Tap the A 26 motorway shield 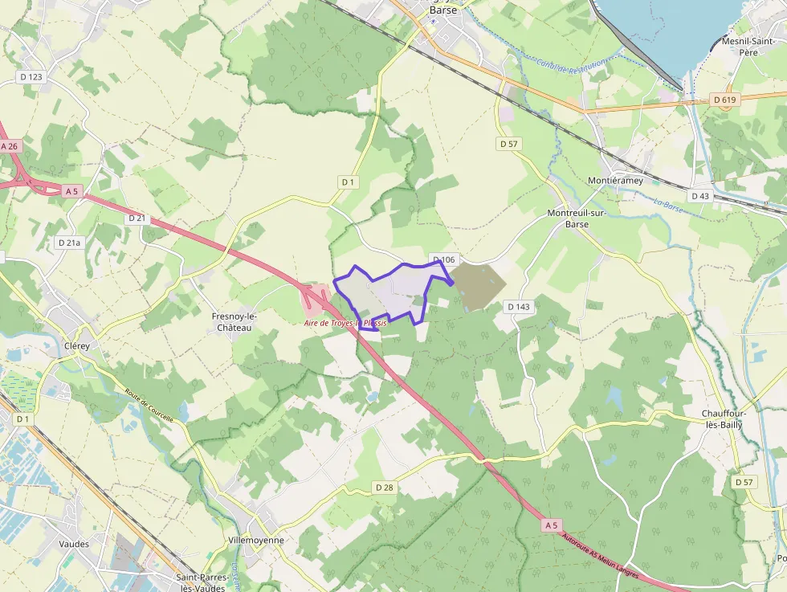[x=9, y=147]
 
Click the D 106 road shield [x=442, y=259]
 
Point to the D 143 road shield [x=520, y=307]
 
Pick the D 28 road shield [x=384, y=488]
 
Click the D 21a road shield [x=69, y=242]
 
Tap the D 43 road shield [x=699, y=196]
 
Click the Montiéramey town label [x=616, y=181]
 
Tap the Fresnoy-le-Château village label [x=232, y=322]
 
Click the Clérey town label [x=76, y=346]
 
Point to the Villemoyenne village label [x=256, y=541]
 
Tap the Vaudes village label [x=74, y=544]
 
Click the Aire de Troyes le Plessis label [x=345, y=323]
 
